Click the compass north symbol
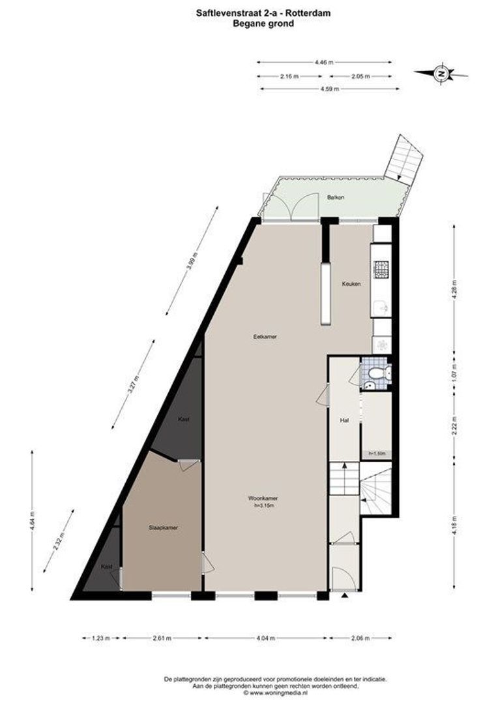(x=441, y=74)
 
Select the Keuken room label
(x=351, y=284)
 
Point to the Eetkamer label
(x=265, y=337)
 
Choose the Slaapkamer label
(x=162, y=527)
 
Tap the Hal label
(x=345, y=421)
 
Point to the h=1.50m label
(x=377, y=453)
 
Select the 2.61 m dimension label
(x=162, y=638)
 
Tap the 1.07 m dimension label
(x=454, y=377)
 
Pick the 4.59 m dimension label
(x=329, y=89)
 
